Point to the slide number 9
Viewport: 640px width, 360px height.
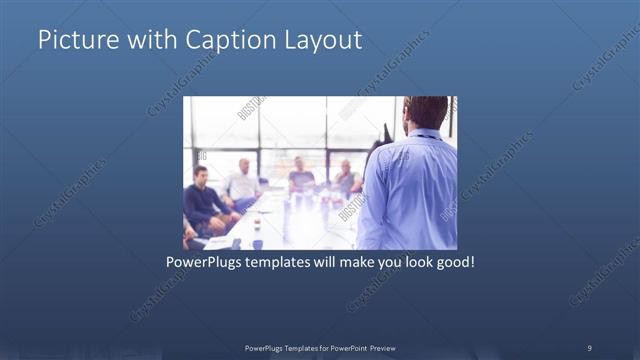click(589, 347)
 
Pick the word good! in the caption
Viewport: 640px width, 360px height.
click(450, 265)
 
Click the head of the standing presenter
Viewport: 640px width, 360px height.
click(426, 112)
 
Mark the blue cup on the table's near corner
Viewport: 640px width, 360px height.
click(257, 243)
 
